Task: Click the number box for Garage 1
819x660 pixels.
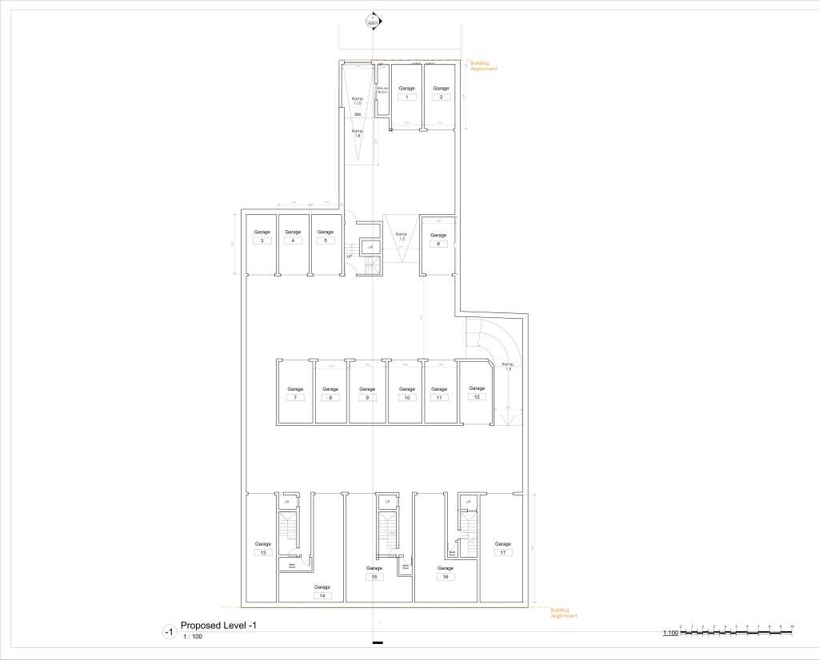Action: (x=406, y=97)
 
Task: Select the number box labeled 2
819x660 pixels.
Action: (x=440, y=97)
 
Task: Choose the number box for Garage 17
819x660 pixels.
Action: (x=502, y=552)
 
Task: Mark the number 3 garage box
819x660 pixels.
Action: (x=262, y=241)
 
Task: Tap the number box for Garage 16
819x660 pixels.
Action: (x=445, y=576)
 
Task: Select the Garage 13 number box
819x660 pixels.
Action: (x=263, y=552)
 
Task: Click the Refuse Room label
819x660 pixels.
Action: (x=382, y=90)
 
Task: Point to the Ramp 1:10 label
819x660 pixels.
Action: (x=358, y=101)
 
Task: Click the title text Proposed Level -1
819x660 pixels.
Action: (x=218, y=625)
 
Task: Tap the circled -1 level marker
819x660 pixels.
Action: (x=168, y=632)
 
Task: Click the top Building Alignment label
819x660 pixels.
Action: (x=480, y=65)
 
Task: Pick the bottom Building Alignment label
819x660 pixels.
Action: (x=563, y=613)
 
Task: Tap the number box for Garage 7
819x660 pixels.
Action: (x=294, y=397)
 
